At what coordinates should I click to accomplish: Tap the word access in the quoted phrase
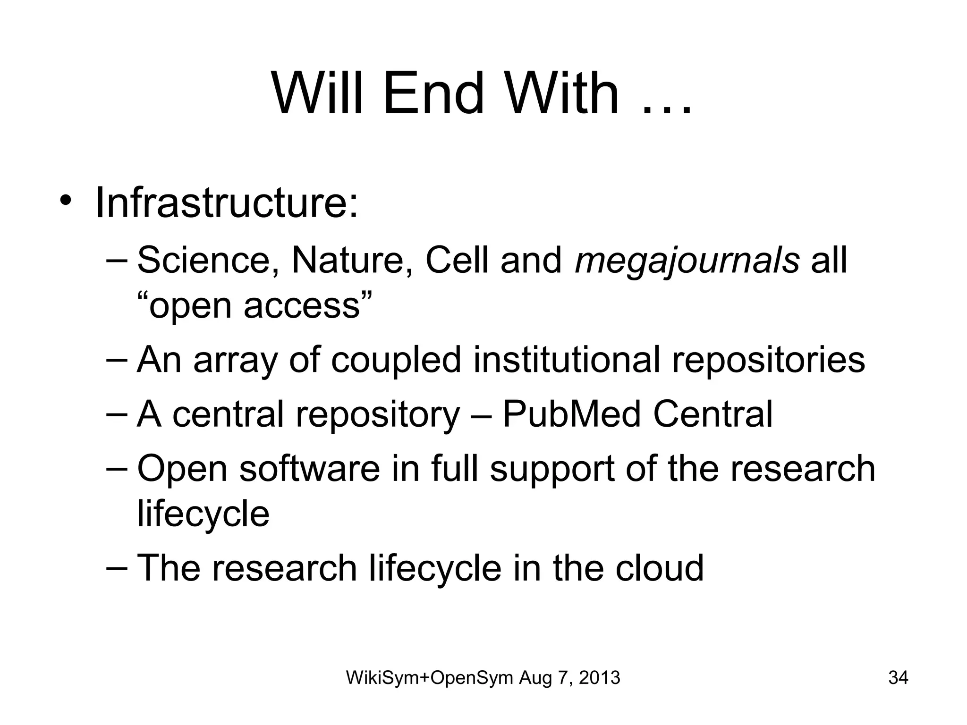click(302, 306)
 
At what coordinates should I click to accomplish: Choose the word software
click(309, 468)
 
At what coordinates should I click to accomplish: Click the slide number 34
click(898, 678)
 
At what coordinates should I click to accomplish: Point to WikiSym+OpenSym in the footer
click(430, 678)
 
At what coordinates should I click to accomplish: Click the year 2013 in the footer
click(599, 678)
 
